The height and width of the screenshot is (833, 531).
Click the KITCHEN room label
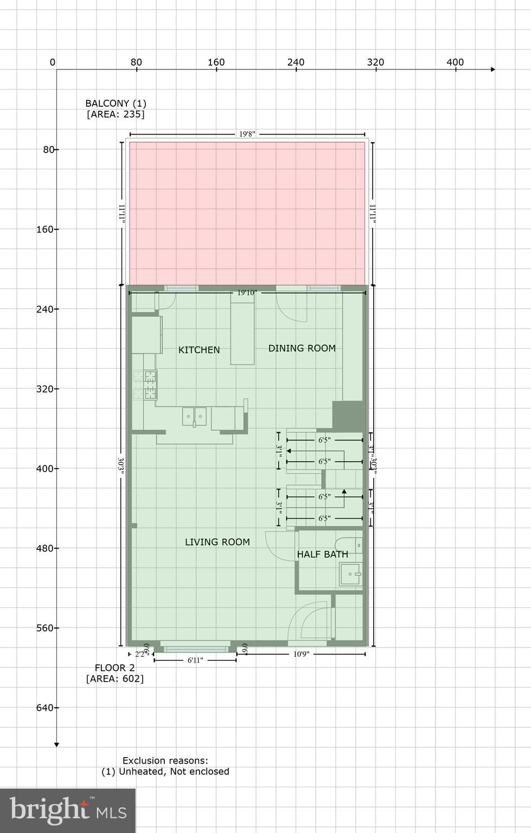click(199, 350)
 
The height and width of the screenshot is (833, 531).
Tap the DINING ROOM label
click(302, 348)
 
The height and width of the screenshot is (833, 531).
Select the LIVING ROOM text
click(217, 542)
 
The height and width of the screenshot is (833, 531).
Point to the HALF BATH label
click(322, 554)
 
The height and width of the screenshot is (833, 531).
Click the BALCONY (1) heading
click(116, 103)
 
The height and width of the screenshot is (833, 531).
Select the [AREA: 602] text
click(115, 678)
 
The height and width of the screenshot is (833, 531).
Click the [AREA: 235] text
click(116, 114)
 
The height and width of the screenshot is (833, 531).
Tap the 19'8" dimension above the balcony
click(247, 134)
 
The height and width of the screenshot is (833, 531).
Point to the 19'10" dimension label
click(247, 293)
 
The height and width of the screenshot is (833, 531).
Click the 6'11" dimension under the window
click(195, 660)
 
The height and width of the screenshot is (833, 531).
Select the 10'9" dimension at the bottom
click(301, 654)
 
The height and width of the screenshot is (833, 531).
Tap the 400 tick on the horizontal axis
click(455, 62)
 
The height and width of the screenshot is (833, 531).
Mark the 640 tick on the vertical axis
click(46, 708)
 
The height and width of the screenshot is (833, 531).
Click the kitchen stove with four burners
click(145, 385)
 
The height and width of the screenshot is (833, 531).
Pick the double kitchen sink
click(194, 416)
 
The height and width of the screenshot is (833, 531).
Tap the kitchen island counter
click(242, 334)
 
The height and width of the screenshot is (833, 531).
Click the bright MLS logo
click(68, 810)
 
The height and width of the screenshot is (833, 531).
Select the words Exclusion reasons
click(165, 760)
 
